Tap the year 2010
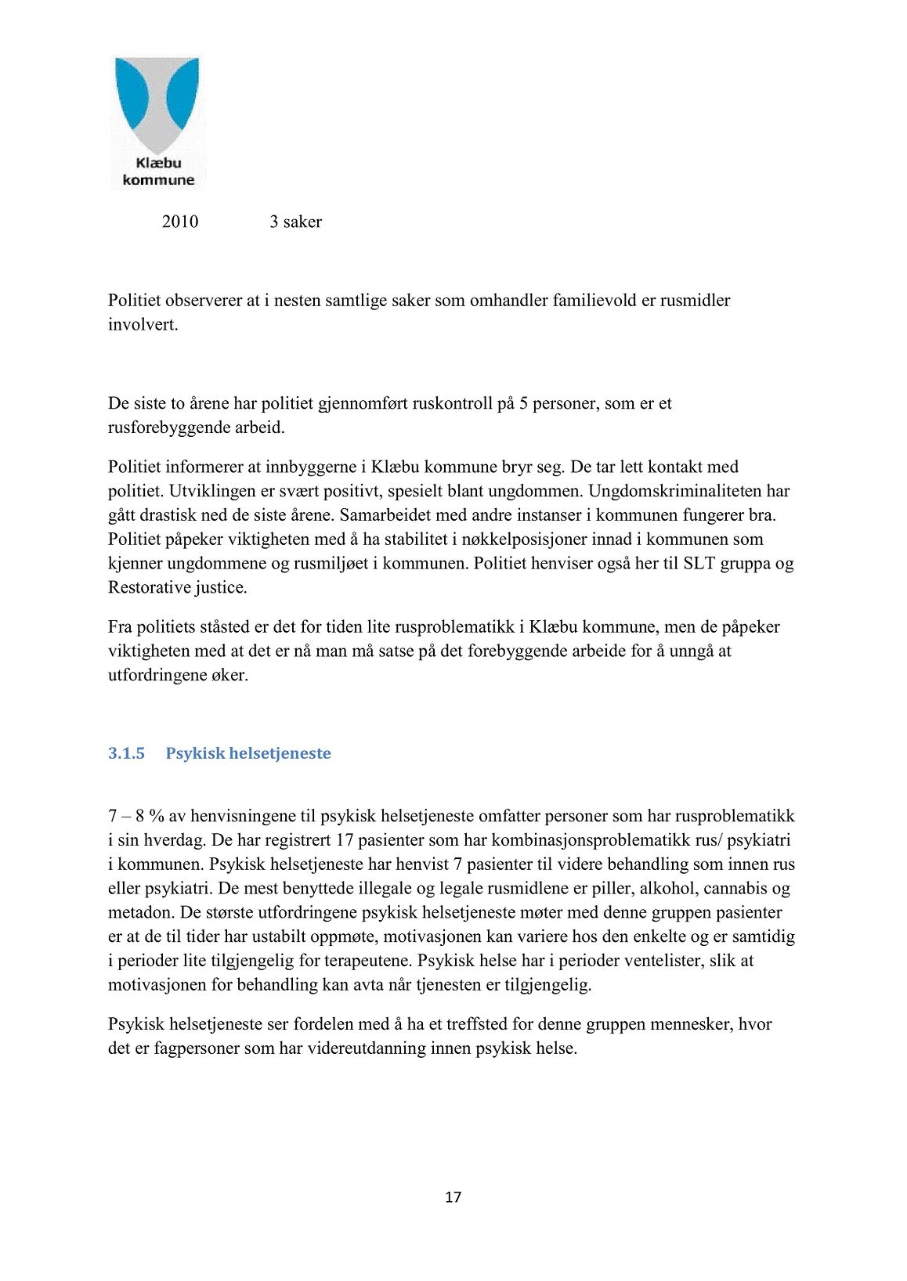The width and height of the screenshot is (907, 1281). coord(179,222)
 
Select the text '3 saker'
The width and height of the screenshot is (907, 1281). coord(295,222)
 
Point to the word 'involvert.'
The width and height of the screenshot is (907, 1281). coord(143,324)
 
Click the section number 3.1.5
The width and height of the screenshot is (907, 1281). coord(126,753)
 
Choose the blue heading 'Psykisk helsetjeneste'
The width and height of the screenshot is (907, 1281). coord(248,753)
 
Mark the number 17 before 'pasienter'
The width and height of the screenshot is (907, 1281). coord(345,840)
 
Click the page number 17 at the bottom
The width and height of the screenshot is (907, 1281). coord(453,1196)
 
